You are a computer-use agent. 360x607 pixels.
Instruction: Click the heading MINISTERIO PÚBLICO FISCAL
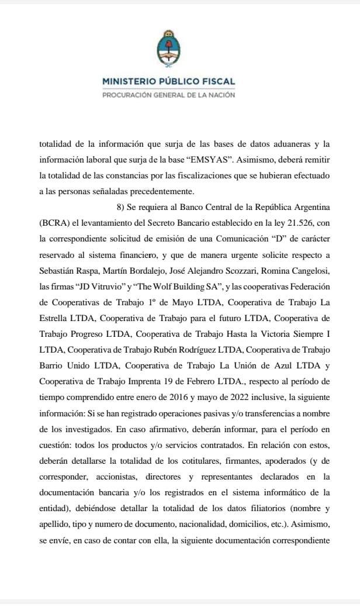coord(168,82)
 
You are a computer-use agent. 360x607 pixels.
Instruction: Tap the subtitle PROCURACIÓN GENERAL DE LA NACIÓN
coord(168,95)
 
